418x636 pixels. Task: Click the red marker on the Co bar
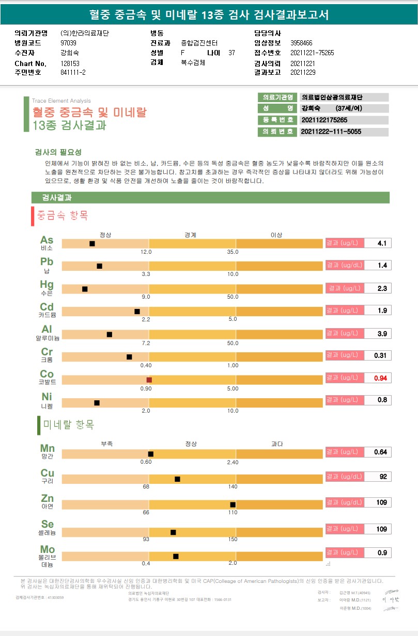149,380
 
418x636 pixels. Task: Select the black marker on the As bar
92,243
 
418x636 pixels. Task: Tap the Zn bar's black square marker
233,504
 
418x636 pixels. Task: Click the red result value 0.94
380,378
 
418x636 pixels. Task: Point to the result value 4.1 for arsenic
382,243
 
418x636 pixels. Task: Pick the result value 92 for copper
383,477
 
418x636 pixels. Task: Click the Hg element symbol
47,284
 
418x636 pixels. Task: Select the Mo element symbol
48,549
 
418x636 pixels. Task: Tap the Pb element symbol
47,262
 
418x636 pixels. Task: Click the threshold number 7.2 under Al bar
146,343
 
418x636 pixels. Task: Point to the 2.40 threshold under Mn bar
233,462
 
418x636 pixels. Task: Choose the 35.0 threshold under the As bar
233,252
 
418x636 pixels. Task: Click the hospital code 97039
68,43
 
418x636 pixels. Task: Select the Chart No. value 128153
71,63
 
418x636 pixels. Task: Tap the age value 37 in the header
231,53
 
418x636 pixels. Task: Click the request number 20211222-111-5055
331,132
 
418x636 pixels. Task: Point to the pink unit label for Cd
343,311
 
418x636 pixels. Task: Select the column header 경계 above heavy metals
190,235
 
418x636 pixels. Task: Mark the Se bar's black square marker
173,532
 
